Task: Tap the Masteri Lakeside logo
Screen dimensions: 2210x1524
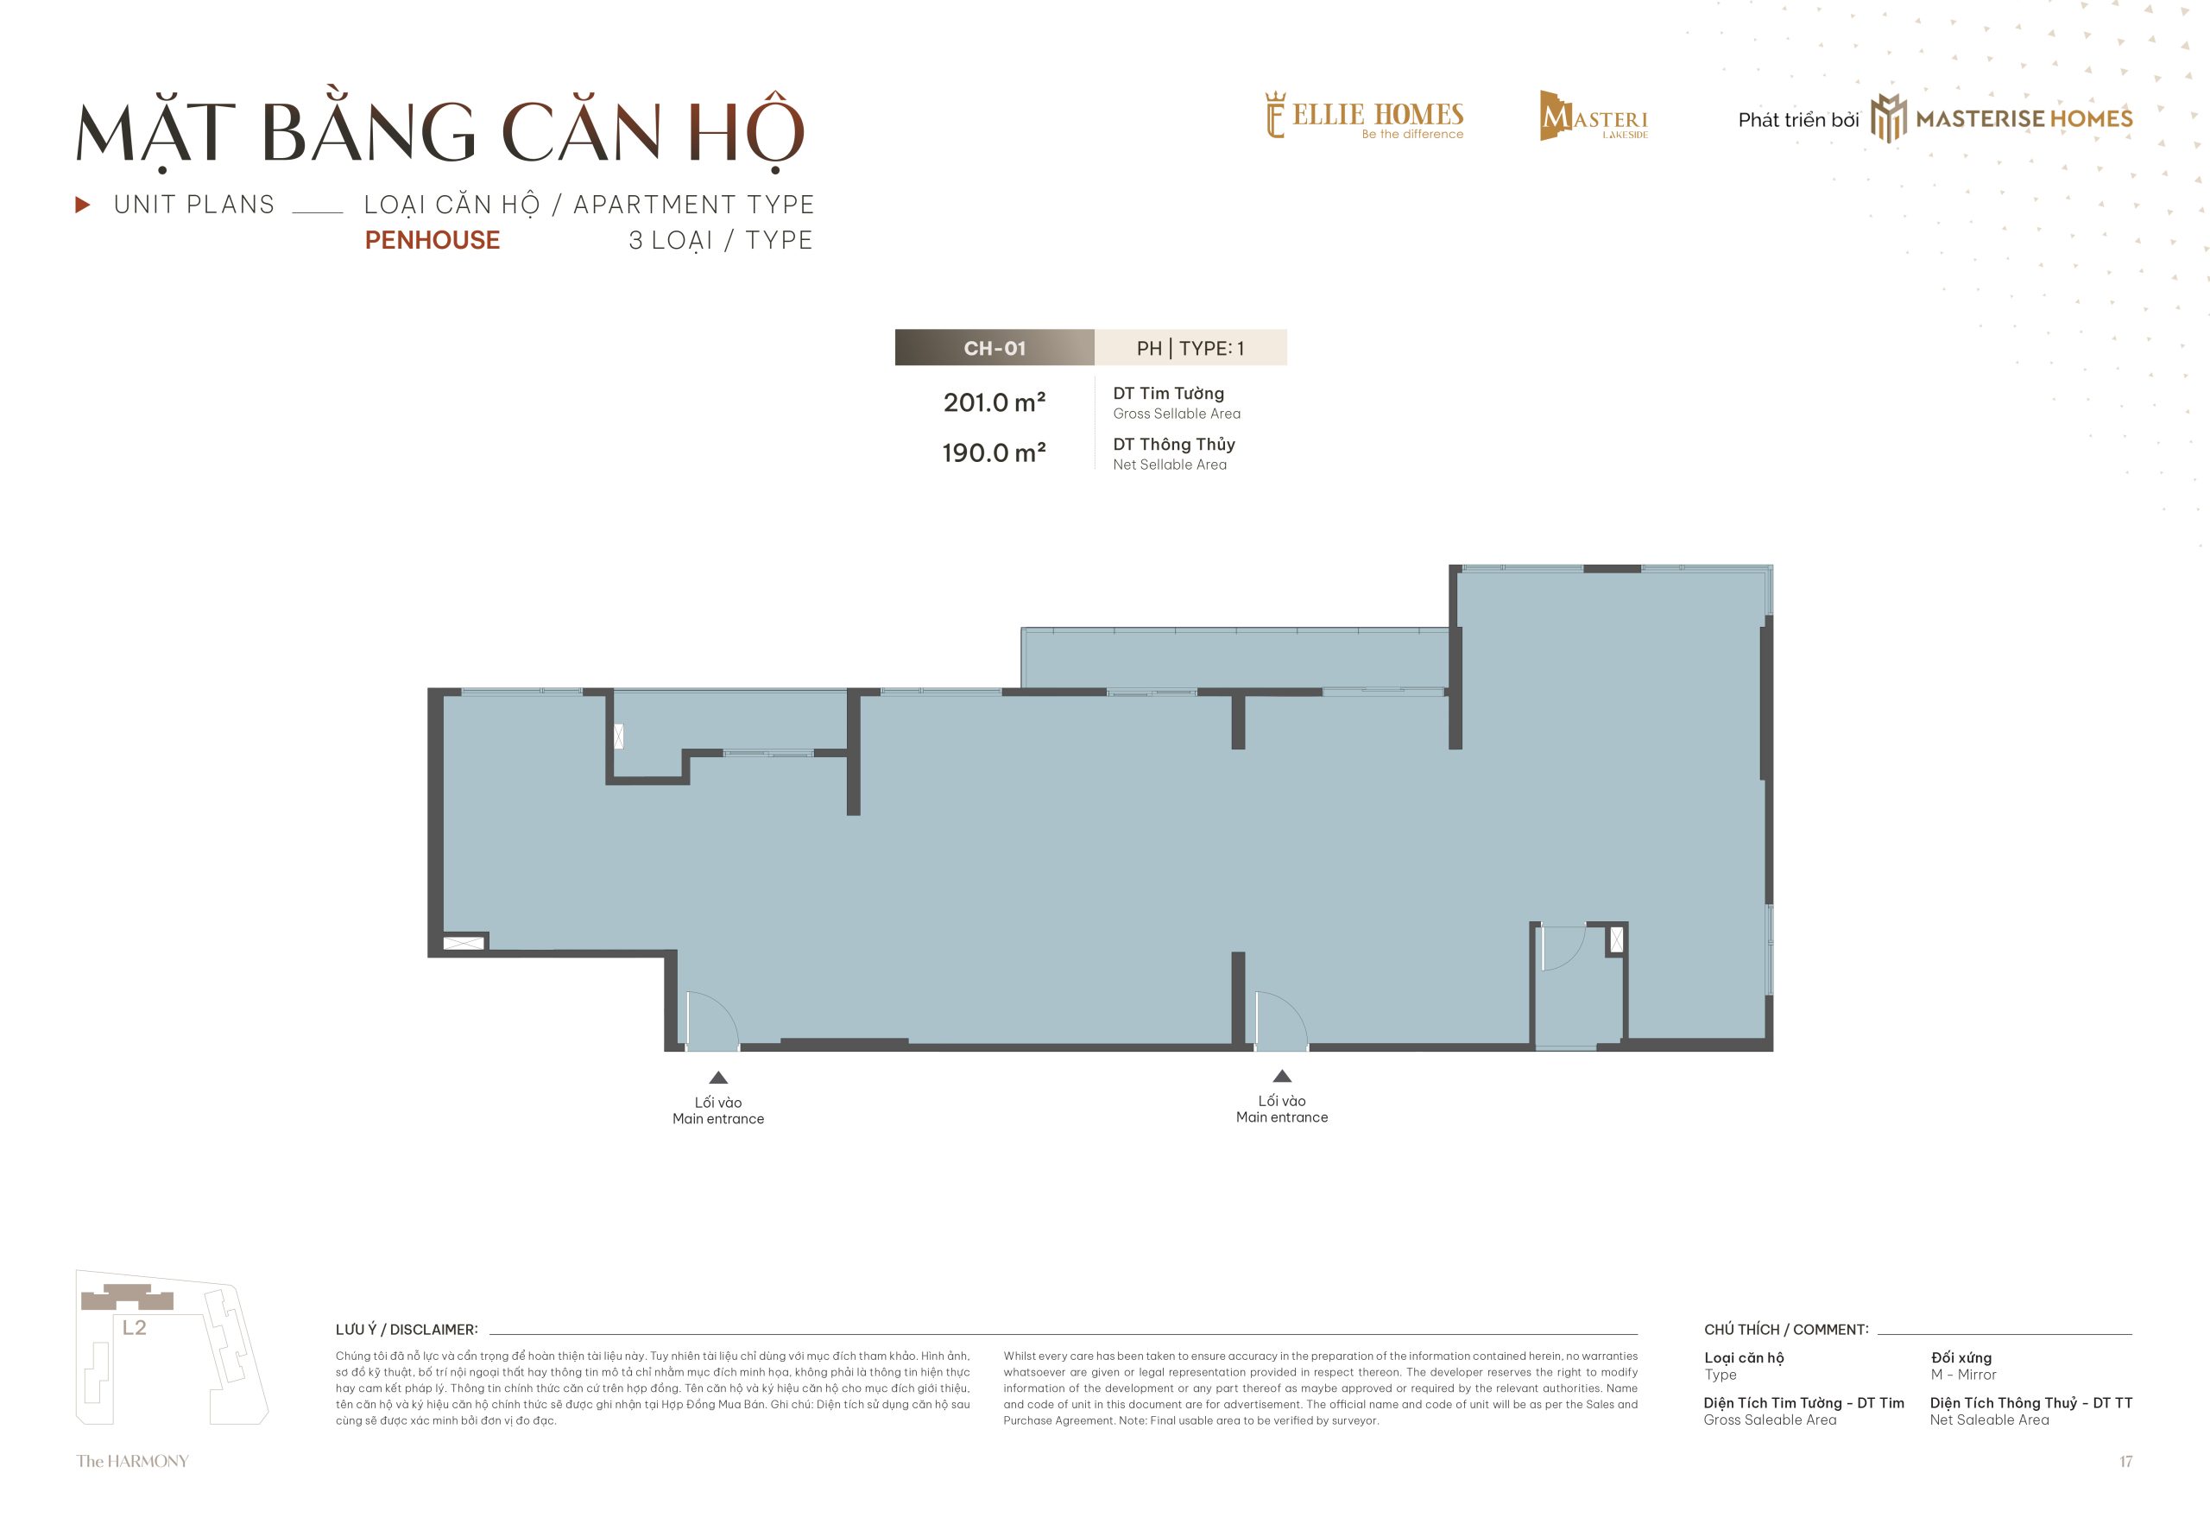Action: point(1594,116)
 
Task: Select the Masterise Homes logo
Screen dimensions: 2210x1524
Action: point(2001,118)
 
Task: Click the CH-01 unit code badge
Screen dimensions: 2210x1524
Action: point(994,348)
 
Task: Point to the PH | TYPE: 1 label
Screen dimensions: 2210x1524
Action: point(1190,348)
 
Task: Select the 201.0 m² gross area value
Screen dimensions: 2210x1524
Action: point(994,402)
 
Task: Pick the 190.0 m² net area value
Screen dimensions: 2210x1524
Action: point(994,452)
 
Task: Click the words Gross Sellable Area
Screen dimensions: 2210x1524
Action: point(1176,414)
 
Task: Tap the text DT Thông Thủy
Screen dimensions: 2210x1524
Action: point(1173,444)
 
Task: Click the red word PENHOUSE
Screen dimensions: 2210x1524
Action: point(433,240)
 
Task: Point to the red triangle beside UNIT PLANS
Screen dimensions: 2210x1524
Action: point(83,205)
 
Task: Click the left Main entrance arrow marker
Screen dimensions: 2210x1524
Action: point(719,1077)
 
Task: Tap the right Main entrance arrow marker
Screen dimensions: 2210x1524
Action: point(1282,1075)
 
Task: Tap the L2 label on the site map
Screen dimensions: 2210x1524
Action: point(135,1327)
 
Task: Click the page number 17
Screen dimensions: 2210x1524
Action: point(2126,1462)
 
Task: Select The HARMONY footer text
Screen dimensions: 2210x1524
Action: point(133,1461)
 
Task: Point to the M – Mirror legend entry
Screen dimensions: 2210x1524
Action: point(1963,1375)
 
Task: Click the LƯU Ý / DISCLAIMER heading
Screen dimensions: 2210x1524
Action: point(407,1329)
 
